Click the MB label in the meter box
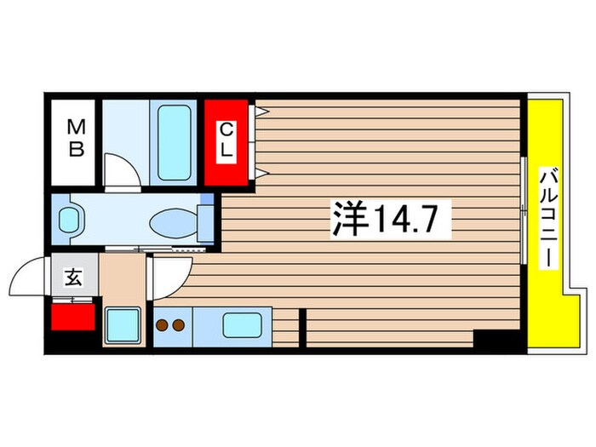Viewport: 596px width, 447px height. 76,138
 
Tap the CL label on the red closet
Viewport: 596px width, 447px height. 226,140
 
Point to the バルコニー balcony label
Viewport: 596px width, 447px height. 548,218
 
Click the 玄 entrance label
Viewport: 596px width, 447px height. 73,277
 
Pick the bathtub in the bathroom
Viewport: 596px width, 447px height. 174,142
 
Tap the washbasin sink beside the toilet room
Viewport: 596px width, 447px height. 69,220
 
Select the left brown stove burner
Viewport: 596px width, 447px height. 163,325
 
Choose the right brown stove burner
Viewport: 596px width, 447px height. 178,325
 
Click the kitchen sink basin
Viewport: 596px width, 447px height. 242,325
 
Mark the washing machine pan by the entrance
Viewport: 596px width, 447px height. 123,326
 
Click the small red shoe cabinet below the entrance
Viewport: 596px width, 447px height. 72,317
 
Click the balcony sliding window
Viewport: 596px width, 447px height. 524,210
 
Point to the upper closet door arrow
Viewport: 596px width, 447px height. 262,112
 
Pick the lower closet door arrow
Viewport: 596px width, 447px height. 262,174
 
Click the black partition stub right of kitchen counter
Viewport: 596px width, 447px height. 302,328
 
